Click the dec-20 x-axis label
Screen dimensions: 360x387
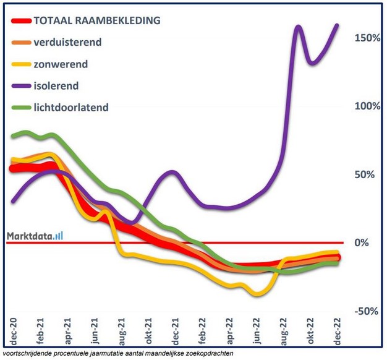click(13, 330)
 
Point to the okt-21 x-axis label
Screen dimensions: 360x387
click(148, 330)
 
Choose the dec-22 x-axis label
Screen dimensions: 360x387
click(338, 330)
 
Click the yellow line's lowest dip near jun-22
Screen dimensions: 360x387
click(255, 294)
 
